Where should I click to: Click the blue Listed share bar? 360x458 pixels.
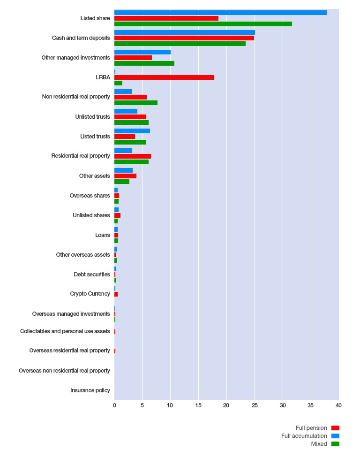click(221, 13)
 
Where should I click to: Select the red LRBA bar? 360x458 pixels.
click(164, 77)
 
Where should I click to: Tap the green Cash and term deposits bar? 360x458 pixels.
click(180, 44)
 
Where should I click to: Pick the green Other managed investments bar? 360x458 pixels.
click(144, 63)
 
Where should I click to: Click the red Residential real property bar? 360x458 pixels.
click(133, 156)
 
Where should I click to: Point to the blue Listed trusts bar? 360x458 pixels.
click(132, 131)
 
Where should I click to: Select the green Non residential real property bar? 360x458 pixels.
click(136, 103)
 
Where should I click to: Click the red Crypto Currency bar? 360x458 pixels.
click(116, 294)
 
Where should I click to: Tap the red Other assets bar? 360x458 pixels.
click(126, 176)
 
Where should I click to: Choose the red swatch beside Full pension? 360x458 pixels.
click(336, 428)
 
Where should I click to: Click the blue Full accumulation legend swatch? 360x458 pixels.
click(336, 436)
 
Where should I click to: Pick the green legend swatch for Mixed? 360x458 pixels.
click(336, 444)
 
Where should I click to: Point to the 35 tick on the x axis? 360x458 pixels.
click(310, 405)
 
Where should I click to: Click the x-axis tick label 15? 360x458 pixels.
click(198, 405)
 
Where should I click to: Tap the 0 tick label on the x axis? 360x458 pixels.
click(114, 405)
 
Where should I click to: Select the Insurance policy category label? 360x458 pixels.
click(90, 390)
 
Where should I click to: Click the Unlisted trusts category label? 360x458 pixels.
click(92, 116)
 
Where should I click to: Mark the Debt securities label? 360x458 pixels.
click(92, 274)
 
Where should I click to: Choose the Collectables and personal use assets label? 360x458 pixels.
click(65, 331)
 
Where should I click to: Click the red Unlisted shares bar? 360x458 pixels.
click(117, 215)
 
